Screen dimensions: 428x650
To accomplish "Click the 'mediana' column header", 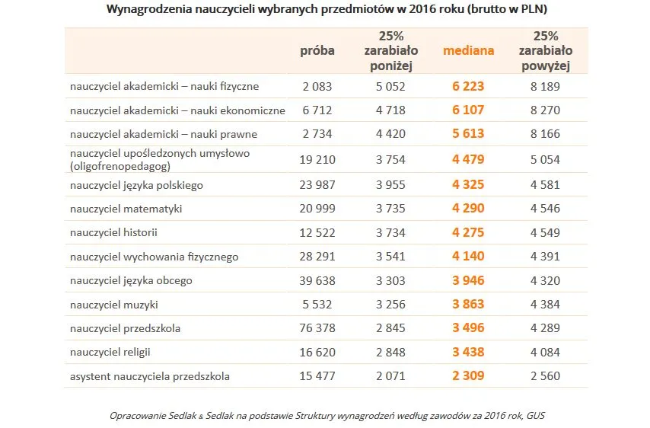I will [x=468, y=51].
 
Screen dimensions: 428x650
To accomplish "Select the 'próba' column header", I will [x=317, y=51].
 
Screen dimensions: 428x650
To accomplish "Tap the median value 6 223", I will [x=468, y=87].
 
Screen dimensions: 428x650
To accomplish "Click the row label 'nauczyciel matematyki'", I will [x=126, y=209].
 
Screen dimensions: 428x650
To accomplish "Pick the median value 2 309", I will [x=468, y=376].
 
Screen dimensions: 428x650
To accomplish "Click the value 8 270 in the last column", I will [x=545, y=110].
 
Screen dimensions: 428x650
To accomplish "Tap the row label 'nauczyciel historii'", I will [x=113, y=232].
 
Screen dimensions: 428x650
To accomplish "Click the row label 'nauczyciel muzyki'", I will [x=114, y=305].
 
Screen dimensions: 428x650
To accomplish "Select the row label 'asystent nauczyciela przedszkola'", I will [x=150, y=376].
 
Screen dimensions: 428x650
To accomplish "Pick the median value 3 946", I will [x=468, y=280].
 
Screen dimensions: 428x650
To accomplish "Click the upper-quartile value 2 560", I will [x=545, y=376].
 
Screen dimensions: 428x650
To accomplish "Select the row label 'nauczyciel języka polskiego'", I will [x=136, y=185].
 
